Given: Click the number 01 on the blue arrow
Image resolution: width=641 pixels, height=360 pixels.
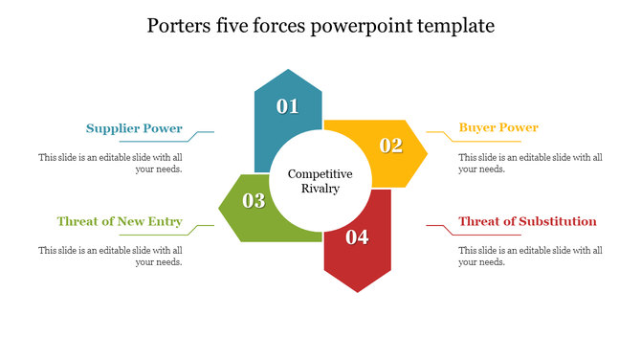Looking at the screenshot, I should point(288,106).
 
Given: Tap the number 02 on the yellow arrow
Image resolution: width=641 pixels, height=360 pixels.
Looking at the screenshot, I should point(391,146).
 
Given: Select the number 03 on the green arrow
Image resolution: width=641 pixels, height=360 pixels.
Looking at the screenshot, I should point(254,201).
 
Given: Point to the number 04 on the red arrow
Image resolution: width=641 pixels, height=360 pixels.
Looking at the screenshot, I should point(357,236).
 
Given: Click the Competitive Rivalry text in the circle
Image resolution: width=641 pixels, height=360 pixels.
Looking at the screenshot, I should point(320,181).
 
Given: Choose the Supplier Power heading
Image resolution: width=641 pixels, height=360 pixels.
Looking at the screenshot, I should point(134,128).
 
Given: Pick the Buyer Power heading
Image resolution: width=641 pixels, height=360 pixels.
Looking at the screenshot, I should point(498,127).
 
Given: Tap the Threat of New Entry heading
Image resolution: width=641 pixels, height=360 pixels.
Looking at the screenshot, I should point(120,221).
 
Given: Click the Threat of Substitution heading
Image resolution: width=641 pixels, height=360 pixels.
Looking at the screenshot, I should point(527,221).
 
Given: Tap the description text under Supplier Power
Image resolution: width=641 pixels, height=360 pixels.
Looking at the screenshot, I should point(110,163).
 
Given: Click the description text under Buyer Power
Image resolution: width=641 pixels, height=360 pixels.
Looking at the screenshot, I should point(530,163).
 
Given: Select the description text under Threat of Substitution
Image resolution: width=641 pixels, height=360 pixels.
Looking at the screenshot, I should point(530,256).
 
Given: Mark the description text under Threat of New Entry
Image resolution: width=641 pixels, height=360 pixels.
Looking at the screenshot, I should point(110,256).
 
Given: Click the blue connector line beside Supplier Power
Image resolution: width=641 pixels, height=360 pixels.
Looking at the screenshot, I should point(202,132).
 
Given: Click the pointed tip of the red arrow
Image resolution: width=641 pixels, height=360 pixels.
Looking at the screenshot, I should point(358,290).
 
